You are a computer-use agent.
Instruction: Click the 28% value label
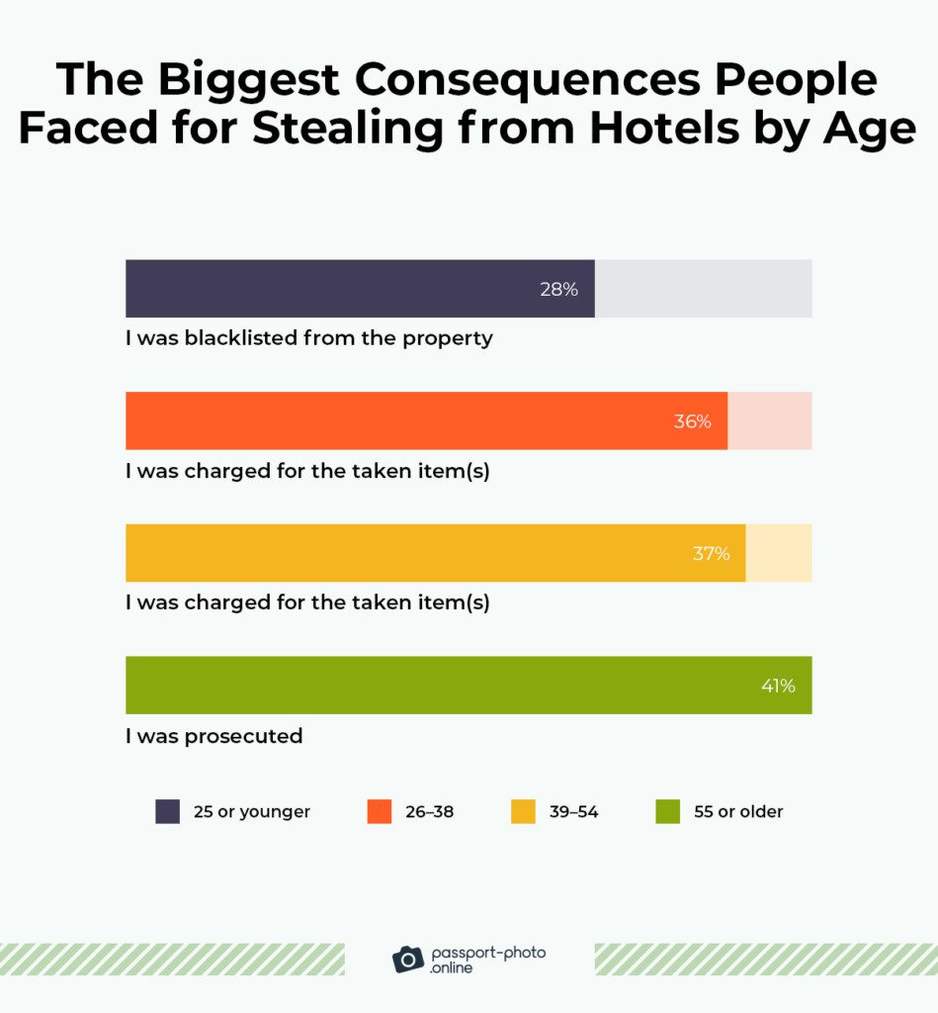[x=558, y=290]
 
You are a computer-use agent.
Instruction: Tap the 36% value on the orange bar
[x=692, y=421]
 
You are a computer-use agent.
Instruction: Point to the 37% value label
[x=711, y=554]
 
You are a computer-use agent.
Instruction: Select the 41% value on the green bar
[x=778, y=686]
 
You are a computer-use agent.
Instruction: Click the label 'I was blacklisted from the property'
[x=308, y=338]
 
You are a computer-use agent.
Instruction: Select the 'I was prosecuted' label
[x=213, y=737]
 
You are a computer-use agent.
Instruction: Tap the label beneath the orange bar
[x=307, y=471]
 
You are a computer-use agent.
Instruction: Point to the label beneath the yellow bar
[x=307, y=602]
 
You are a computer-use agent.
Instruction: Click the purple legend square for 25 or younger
[x=168, y=812]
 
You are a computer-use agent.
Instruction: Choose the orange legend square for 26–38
[x=380, y=812]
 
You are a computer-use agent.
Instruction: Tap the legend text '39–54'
[x=573, y=812]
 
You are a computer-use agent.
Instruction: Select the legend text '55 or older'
[x=737, y=812]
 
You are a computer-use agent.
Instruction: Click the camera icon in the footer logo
[x=408, y=959]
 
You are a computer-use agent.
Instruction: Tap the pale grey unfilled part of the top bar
[x=703, y=289]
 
